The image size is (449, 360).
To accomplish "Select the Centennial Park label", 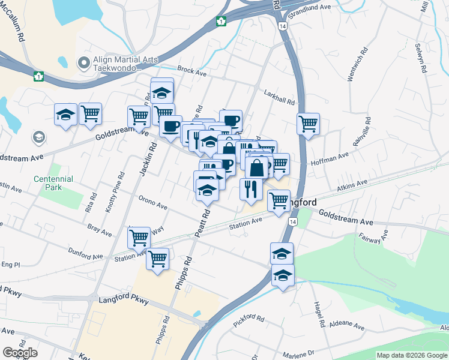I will coord(53,183).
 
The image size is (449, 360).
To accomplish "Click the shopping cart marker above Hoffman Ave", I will coord(308,124).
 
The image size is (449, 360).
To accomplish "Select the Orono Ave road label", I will coord(152,203).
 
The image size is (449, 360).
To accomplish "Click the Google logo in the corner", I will coord(20,353).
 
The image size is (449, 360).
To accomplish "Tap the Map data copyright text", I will coord(412,355).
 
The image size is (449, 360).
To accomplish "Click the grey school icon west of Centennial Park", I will coord(39,137).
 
